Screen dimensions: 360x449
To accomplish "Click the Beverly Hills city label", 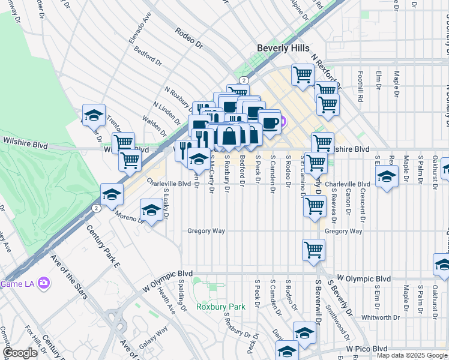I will click(x=283, y=48).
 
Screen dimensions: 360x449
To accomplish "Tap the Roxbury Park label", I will click(x=221, y=307).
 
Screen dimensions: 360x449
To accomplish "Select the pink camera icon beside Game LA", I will click(x=43, y=283).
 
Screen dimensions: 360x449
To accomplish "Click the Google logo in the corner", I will click(x=20, y=353).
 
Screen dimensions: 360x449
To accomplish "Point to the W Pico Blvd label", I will click(x=367, y=349).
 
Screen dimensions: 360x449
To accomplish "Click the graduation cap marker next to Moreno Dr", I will click(x=151, y=211).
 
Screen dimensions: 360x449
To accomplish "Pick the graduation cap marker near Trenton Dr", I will click(x=94, y=115).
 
